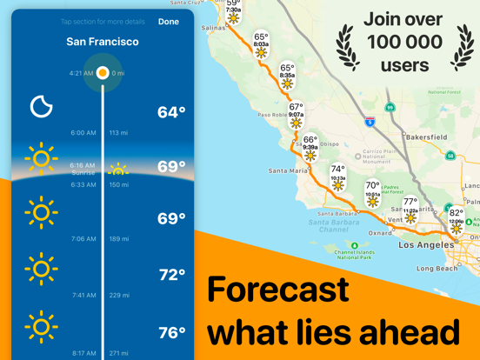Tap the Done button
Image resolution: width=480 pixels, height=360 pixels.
(x=169, y=22)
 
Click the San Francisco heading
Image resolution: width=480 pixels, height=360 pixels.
(x=103, y=42)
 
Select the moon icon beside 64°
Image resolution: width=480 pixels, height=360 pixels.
(x=42, y=106)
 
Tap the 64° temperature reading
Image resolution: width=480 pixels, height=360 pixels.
(x=171, y=112)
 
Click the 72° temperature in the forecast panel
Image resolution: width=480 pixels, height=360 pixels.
(x=171, y=275)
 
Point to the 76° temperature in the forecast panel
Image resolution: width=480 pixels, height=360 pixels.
(x=171, y=332)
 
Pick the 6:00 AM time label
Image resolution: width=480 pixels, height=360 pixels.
(x=83, y=133)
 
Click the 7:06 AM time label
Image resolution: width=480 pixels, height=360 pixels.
(x=83, y=238)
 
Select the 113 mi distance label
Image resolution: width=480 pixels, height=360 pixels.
(x=119, y=133)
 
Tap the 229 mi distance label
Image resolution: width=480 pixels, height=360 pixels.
(x=119, y=296)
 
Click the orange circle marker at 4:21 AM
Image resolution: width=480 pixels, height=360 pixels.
(x=103, y=73)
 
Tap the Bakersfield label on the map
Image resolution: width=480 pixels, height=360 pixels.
(x=426, y=137)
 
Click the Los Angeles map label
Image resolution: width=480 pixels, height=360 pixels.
(x=425, y=245)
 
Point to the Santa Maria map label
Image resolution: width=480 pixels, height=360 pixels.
(x=288, y=171)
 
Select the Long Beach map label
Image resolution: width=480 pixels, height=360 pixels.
(x=437, y=269)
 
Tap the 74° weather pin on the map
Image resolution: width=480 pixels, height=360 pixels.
(x=338, y=177)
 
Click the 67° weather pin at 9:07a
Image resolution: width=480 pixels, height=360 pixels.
(x=297, y=116)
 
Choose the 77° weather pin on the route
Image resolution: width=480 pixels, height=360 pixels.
(x=410, y=210)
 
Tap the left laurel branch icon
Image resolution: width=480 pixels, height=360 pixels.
(x=349, y=45)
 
